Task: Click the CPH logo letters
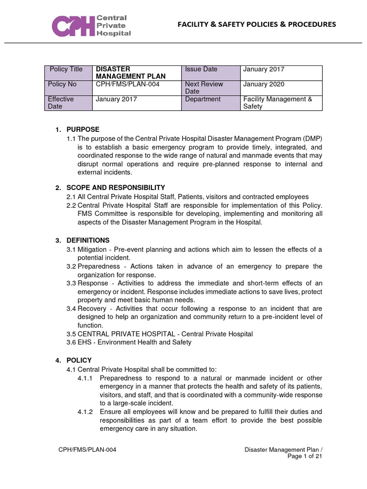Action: (x=74, y=26)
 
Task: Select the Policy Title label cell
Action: (x=66, y=69)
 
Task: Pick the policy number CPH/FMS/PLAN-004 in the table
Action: (x=128, y=84)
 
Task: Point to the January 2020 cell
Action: (x=263, y=84)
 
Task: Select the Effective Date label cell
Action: (x=61, y=103)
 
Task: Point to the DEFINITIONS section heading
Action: (x=88, y=240)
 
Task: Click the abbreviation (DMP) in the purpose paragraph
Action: (x=312, y=138)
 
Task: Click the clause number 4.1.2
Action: (x=86, y=412)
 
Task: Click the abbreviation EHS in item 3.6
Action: (x=86, y=342)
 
